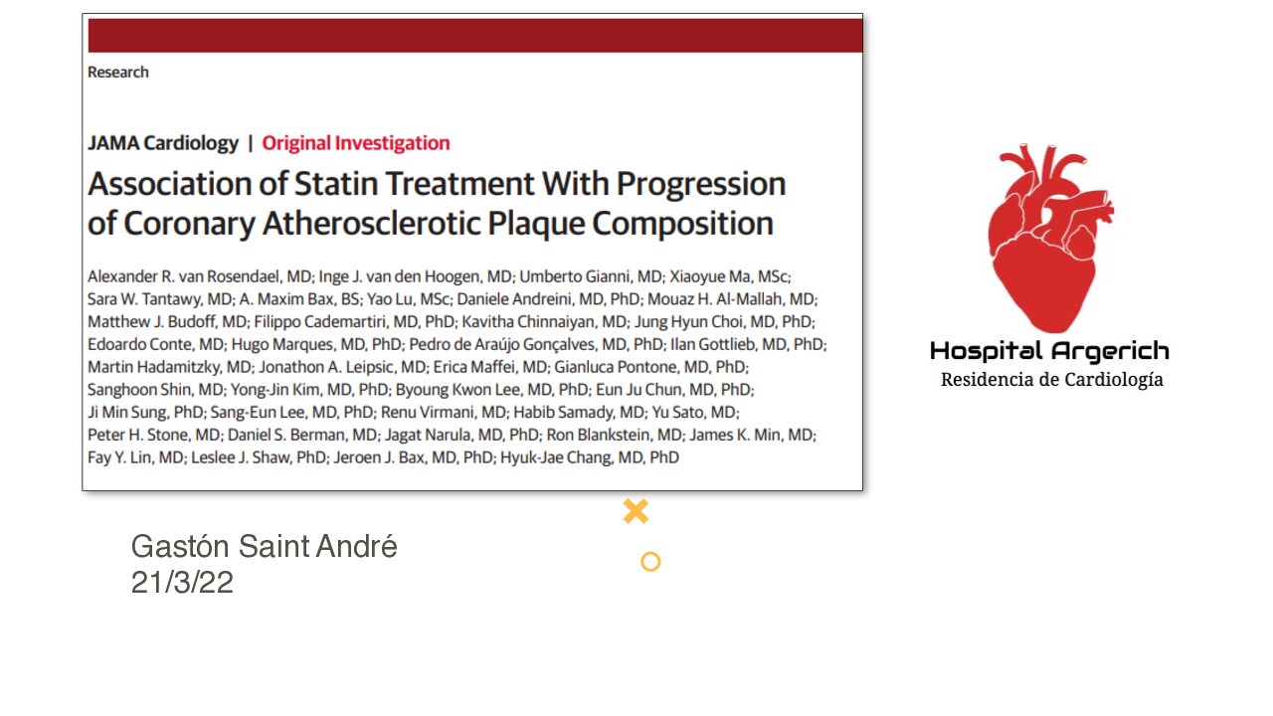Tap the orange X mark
tap(636, 511)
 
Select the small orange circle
tap(650, 562)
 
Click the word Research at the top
tap(117, 73)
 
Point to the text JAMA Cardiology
tap(162, 142)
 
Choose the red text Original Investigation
tap(356, 142)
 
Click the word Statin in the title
tap(337, 184)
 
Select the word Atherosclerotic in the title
tap(371, 223)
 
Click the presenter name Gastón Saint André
tap(264, 546)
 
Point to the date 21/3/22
tap(182, 582)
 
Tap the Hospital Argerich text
tap(1049, 351)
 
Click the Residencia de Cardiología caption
tap(1052, 380)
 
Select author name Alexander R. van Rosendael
tap(185, 276)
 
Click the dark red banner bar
tap(475, 35)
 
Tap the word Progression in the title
tap(701, 185)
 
